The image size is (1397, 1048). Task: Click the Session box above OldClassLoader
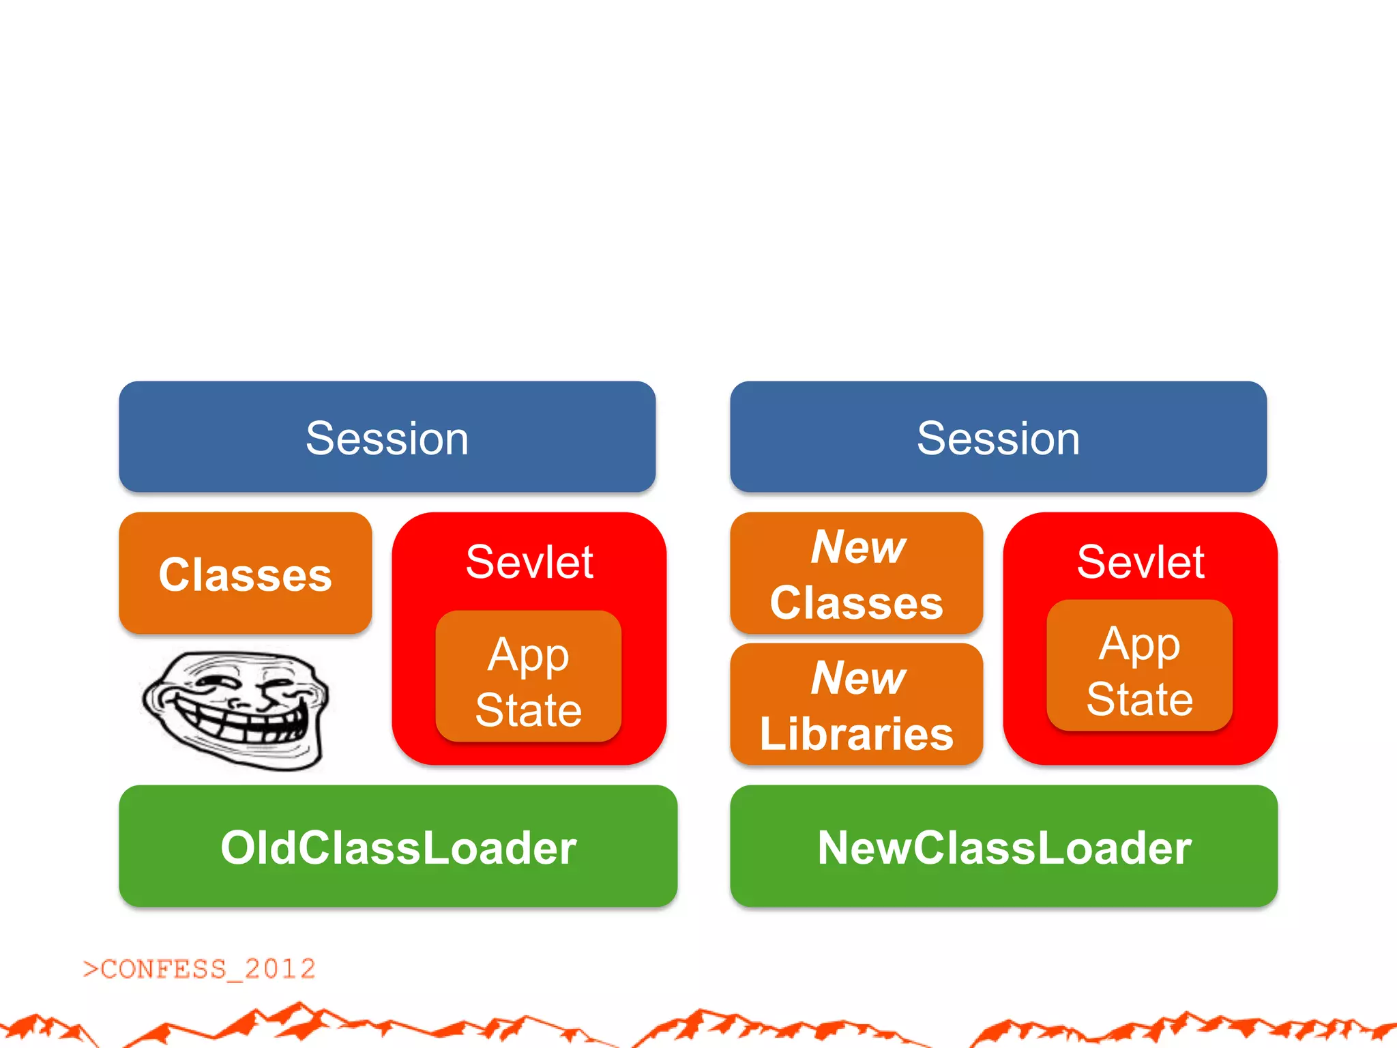[387, 437]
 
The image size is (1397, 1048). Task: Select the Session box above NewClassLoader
[998, 437]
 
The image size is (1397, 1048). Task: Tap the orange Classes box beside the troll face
[245, 573]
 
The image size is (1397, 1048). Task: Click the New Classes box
[856, 573]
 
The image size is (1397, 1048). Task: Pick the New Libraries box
[856, 704]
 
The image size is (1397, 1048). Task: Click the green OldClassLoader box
[398, 846]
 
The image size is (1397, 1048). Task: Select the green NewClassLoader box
[1003, 846]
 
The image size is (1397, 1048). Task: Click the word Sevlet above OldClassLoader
[529, 562]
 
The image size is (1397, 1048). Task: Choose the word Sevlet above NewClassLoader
[1141, 562]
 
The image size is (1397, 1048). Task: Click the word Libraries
[856, 733]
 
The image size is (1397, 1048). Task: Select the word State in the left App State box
[528, 710]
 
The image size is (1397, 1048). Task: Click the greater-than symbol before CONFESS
[90, 969]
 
